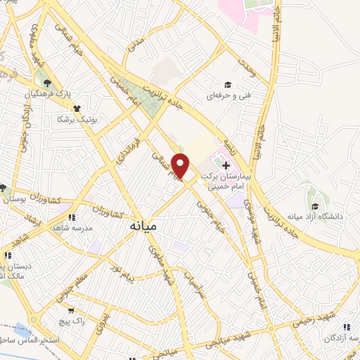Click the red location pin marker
point(181,165)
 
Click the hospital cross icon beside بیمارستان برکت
point(225,165)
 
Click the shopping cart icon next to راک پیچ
point(70,309)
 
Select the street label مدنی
point(136,49)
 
